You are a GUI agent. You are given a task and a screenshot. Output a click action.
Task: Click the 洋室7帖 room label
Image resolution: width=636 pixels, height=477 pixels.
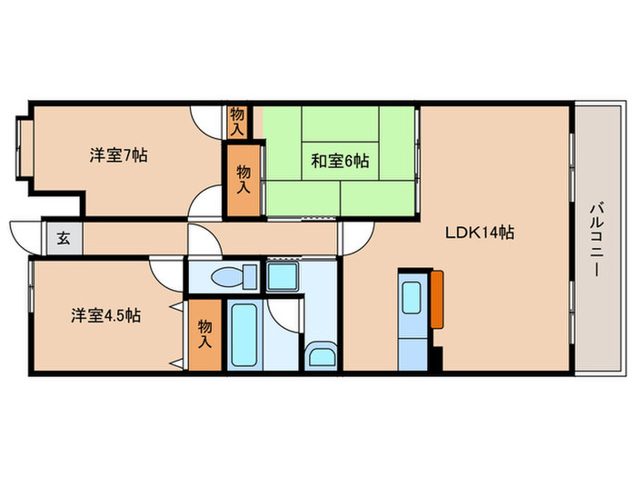118,154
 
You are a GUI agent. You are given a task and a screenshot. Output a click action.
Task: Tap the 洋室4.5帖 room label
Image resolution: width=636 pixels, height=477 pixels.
106,315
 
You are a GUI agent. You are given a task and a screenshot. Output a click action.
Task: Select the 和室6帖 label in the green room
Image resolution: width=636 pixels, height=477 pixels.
339,161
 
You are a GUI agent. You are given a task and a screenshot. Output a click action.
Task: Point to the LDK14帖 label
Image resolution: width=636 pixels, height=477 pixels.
479,233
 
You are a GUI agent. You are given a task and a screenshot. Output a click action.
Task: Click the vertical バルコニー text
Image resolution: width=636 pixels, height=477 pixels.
595,238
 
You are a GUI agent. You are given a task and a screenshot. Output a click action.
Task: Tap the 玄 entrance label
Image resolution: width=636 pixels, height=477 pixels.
65,239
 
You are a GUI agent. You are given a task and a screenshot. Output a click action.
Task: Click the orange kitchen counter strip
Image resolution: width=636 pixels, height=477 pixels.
437,299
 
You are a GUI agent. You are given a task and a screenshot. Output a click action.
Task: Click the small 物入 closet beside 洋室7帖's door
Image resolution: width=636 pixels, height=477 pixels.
237,121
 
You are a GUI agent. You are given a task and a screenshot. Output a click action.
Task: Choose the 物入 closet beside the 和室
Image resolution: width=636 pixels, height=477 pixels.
243,178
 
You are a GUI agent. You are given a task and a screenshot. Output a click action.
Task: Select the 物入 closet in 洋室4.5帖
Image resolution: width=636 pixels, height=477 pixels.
205,334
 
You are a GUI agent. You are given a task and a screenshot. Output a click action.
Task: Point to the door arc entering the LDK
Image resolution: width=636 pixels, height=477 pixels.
353,238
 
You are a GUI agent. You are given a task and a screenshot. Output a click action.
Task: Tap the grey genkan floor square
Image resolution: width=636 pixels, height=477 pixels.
65,239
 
